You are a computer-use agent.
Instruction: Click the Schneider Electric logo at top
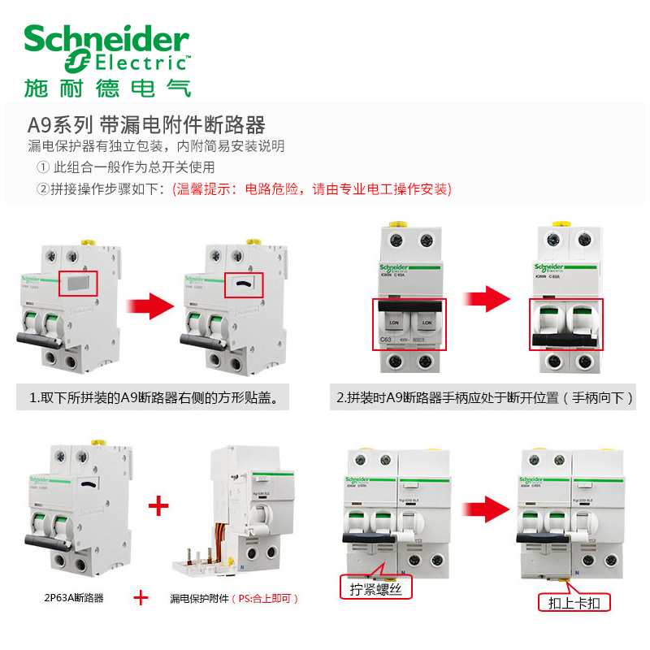(x=106, y=49)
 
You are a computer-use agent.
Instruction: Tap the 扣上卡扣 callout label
(x=574, y=603)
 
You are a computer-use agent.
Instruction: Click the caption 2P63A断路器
(x=74, y=598)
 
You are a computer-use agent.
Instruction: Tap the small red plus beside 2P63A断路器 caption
(x=141, y=598)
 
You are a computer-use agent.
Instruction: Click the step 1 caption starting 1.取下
(x=154, y=398)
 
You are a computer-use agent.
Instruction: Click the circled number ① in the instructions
(x=43, y=167)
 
